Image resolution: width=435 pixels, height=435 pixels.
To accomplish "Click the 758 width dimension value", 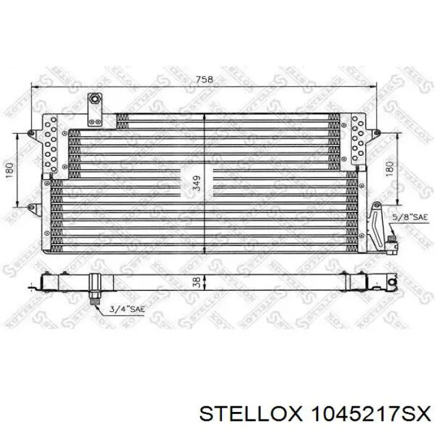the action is click(x=204, y=80).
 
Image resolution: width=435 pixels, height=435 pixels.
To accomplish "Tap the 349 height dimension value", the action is click(x=196, y=183).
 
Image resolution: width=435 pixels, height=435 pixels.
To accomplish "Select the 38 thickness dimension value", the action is click(x=196, y=282).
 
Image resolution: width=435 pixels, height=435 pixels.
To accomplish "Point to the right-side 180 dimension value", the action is click(x=390, y=169).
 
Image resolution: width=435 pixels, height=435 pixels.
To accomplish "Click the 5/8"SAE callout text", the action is click(x=410, y=217).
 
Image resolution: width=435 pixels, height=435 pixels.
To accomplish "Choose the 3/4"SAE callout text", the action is click(x=127, y=309).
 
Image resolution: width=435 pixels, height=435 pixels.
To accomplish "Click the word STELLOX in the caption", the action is click(x=250, y=414).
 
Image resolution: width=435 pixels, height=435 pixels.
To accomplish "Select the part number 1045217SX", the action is click(x=371, y=414).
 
